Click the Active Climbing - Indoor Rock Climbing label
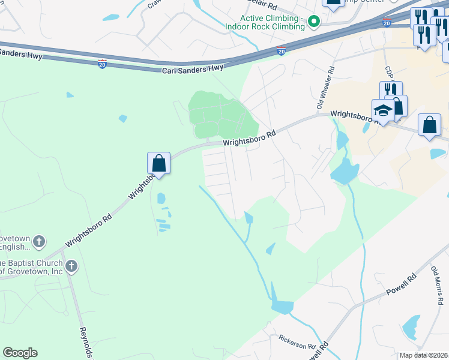pos(265,23)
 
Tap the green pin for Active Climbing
pos(313,23)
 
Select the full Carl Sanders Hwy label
pos(192,70)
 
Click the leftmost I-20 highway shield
pos(103,62)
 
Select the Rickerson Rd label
pos(297,342)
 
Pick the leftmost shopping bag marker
pos(158,162)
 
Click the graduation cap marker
pos(382,110)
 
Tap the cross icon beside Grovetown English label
pos(39,242)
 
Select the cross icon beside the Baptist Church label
pos(71,266)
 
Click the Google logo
pos(20,353)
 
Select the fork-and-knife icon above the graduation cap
pos(391,89)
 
